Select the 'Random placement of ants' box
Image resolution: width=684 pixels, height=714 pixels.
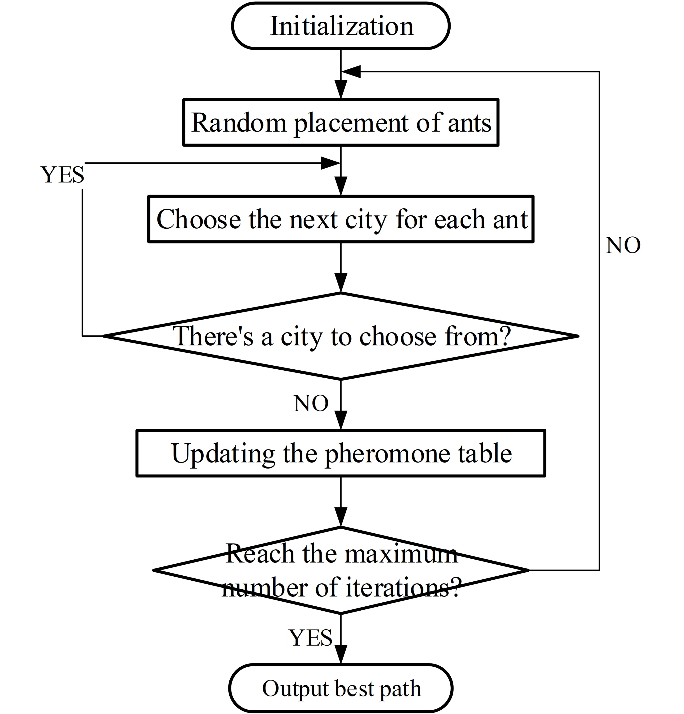click(341, 122)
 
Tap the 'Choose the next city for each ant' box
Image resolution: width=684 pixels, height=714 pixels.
click(341, 219)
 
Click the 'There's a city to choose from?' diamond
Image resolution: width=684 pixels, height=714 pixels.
click(341, 336)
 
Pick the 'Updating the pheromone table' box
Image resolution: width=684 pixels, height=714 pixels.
click(341, 453)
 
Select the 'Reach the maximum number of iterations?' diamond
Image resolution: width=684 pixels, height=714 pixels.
click(341, 570)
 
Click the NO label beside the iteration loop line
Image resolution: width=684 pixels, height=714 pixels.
click(623, 245)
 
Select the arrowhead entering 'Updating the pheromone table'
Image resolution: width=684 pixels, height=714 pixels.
click(341, 420)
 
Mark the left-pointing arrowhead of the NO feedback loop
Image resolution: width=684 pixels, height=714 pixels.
click(351, 72)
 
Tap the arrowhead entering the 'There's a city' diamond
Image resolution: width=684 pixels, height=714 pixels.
click(341, 283)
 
